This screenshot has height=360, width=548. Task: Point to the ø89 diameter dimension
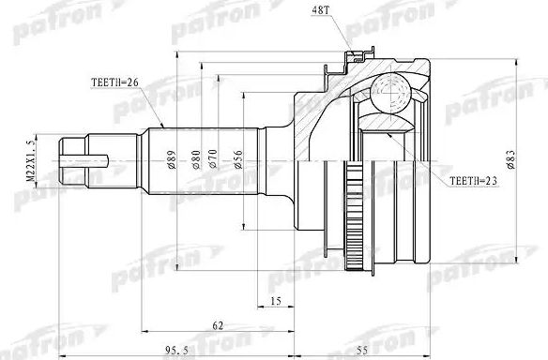click(x=173, y=160)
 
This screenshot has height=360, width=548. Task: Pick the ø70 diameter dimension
click(x=218, y=160)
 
